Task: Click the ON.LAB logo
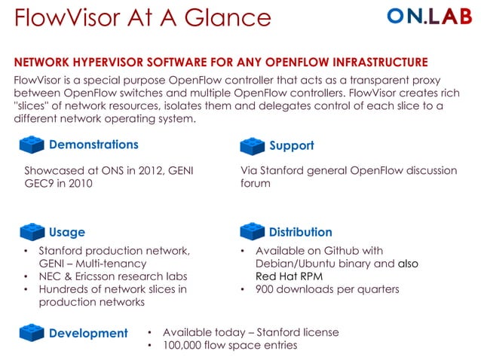[x=429, y=17]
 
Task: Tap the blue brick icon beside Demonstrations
[x=32, y=144]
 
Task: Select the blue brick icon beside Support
[x=252, y=145]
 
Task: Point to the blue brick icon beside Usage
[x=32, y=232]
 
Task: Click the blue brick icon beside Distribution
[x=252, y=232]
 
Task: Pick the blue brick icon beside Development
[x=32, y=332]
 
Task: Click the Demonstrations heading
[x=93, y=145]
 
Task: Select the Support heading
[x=291, y=145]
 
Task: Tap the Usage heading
[x=67, y=232]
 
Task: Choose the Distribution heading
[x=300, y=232]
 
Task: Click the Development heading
[x=88, y=333]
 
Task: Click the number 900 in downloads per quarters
[x=266, y=289]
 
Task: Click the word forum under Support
[x=256, y=183]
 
